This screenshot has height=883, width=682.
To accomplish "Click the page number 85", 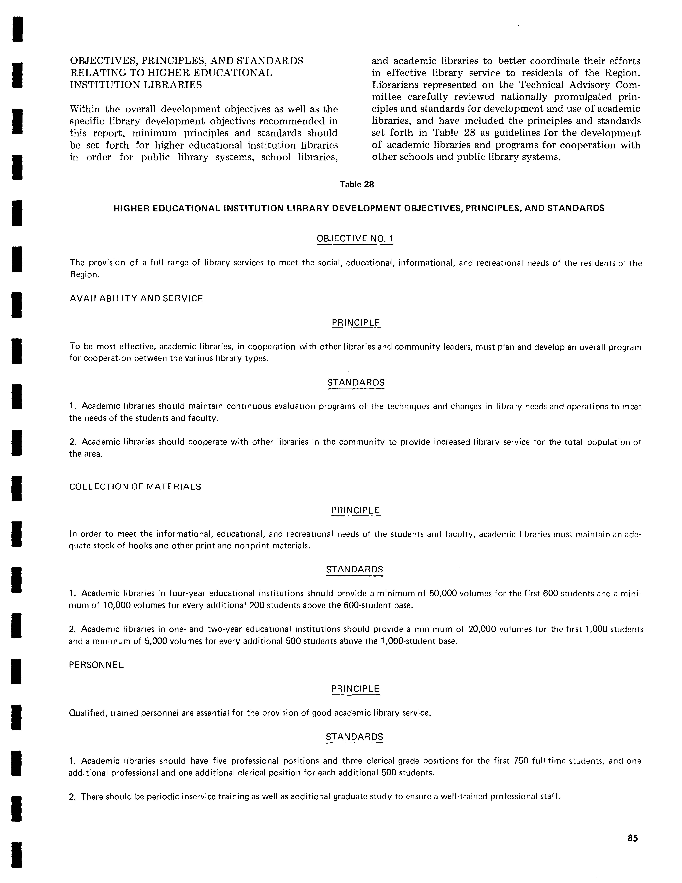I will tap(633, 838).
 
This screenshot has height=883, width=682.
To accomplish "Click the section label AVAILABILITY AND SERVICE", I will tap(136, 298).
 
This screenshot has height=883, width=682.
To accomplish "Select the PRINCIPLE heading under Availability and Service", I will tap(356, 323).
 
